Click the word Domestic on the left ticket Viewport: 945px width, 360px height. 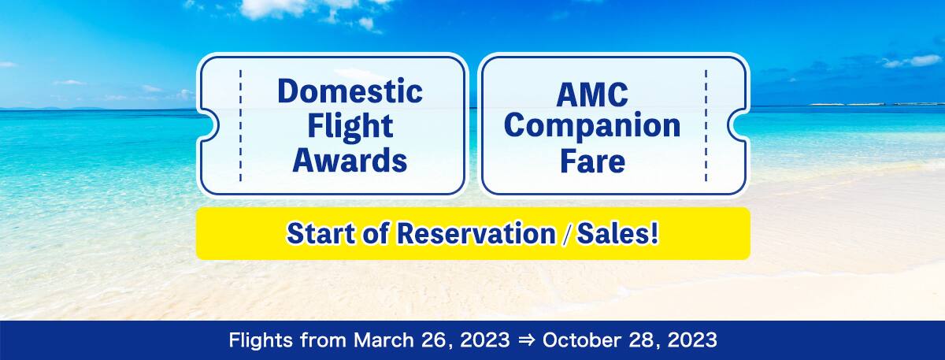click(x=350, y=91)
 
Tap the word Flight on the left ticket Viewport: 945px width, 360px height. click(x=350, y=126)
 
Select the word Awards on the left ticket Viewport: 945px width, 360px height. click(x=350, y=161)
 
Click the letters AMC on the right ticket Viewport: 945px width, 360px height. click(x=592, y=95)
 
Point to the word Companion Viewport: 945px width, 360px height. click(x=592, y=126)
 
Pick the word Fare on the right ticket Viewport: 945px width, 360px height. click(x=592, y=161)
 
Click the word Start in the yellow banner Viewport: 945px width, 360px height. click(x=321, y=233)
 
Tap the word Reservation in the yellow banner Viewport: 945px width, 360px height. click(x=476, y=233)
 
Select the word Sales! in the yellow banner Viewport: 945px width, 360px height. click(x=617, y=233)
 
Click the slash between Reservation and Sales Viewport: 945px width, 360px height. click(x=566, y=234)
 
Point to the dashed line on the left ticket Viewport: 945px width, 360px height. click(x=240, y=125)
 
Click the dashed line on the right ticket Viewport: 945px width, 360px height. click(x=706, y=125)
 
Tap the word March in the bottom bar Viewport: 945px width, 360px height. click(x=384, y=340)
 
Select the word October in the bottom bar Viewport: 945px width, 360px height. click(x=582, y=340)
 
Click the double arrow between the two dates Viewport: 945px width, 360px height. click(x=526, y=340)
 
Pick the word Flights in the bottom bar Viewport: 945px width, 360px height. click(x=261, y=340)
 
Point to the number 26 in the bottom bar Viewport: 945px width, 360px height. click(x=435, y=340)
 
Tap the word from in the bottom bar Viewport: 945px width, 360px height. click(x=323, y=340)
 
